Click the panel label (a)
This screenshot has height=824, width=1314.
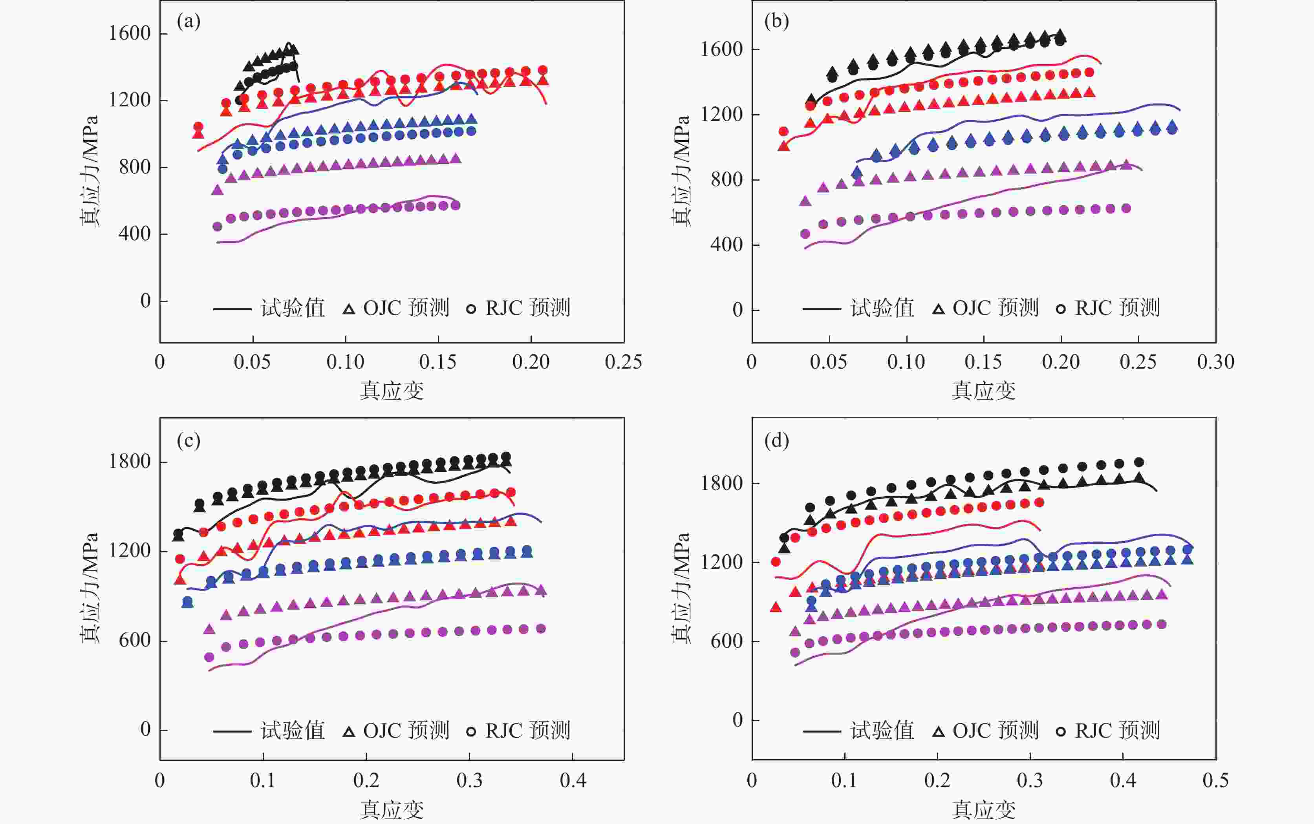[188, 22]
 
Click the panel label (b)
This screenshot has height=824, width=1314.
[777, 22]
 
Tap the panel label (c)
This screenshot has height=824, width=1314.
[188, 440]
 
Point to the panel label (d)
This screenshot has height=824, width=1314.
[777, 440]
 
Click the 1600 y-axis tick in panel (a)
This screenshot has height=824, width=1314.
[130, 33]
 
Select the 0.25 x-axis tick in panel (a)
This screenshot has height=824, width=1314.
[624, 362]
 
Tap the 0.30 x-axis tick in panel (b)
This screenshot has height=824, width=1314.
[1215, 362]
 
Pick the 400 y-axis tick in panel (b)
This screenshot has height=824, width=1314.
[727, 245]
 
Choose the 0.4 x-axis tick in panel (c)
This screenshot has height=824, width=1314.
[573, 780]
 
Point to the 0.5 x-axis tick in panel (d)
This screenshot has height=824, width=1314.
[1215, 780]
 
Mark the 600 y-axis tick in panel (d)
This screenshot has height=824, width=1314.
[727, 641]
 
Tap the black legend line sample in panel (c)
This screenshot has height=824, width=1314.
[232, 731]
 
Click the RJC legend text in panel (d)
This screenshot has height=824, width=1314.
[1117, 731]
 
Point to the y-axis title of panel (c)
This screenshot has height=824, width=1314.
[90, 588]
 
